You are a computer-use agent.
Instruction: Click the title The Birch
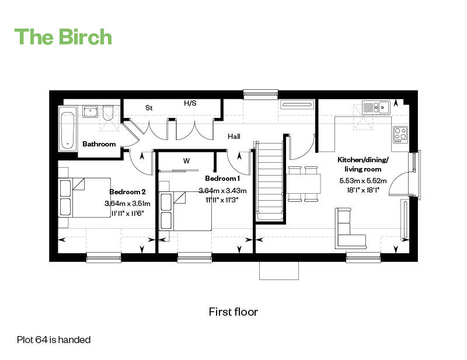[x=63, y=36]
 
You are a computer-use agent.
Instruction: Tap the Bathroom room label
[x=99, y=144]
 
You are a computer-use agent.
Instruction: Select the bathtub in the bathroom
[x=68, y=128]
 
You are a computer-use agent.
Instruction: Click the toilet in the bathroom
[x=107, y=114]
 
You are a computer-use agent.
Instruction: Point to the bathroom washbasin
[x=89, y=111]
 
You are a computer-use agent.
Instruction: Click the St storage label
[x=149, y=108]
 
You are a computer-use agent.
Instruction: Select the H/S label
[x=190, y=103]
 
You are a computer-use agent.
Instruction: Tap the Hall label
[x=234, y=136]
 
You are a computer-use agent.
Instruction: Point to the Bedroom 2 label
[x=127, y=192]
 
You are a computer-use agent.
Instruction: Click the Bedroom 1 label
[x=222, y=178]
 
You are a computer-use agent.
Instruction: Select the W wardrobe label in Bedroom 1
[x=186, y=160]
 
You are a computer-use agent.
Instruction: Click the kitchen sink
[x=375, y=107]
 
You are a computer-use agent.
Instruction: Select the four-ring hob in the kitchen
[x=400, y=134]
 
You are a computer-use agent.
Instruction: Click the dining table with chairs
[x=303, y=183]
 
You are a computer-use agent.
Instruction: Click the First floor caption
[x=233, y=312]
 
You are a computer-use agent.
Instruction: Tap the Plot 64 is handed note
[x=53, y=339]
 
